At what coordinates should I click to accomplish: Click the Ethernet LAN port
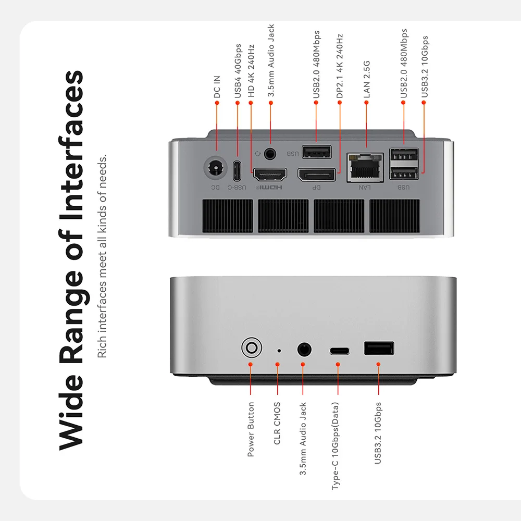pyautogui.click(x=365, y=167)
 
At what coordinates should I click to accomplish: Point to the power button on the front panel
pyautogui.click(x=251, y=348)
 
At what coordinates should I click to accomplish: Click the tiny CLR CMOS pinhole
pyautogui.click(x=279, y=351)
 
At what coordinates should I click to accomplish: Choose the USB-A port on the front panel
pyautogui.click(x=379, y=348)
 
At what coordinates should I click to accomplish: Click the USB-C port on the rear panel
pyautogui.click(x=237, y=168)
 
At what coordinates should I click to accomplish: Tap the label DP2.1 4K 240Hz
pyautogui.click(x=339, y=66)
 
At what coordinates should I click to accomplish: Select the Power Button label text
pyautogui.click(x=251, y=429)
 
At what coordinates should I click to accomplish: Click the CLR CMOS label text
pyautogui.click(x=277, y=423)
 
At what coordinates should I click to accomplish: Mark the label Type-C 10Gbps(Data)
pyautogui.click(x=336, y=446)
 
